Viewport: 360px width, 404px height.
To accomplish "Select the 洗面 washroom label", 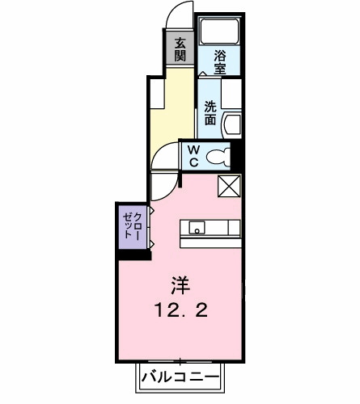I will [210, 112].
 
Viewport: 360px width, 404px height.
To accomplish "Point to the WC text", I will [194, 155].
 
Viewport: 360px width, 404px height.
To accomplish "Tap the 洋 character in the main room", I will [180, 284].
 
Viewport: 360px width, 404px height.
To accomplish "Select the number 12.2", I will [180, 309].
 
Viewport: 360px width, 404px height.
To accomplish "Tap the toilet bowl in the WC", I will [218, 157].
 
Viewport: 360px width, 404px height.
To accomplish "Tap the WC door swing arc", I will [167, 154].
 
